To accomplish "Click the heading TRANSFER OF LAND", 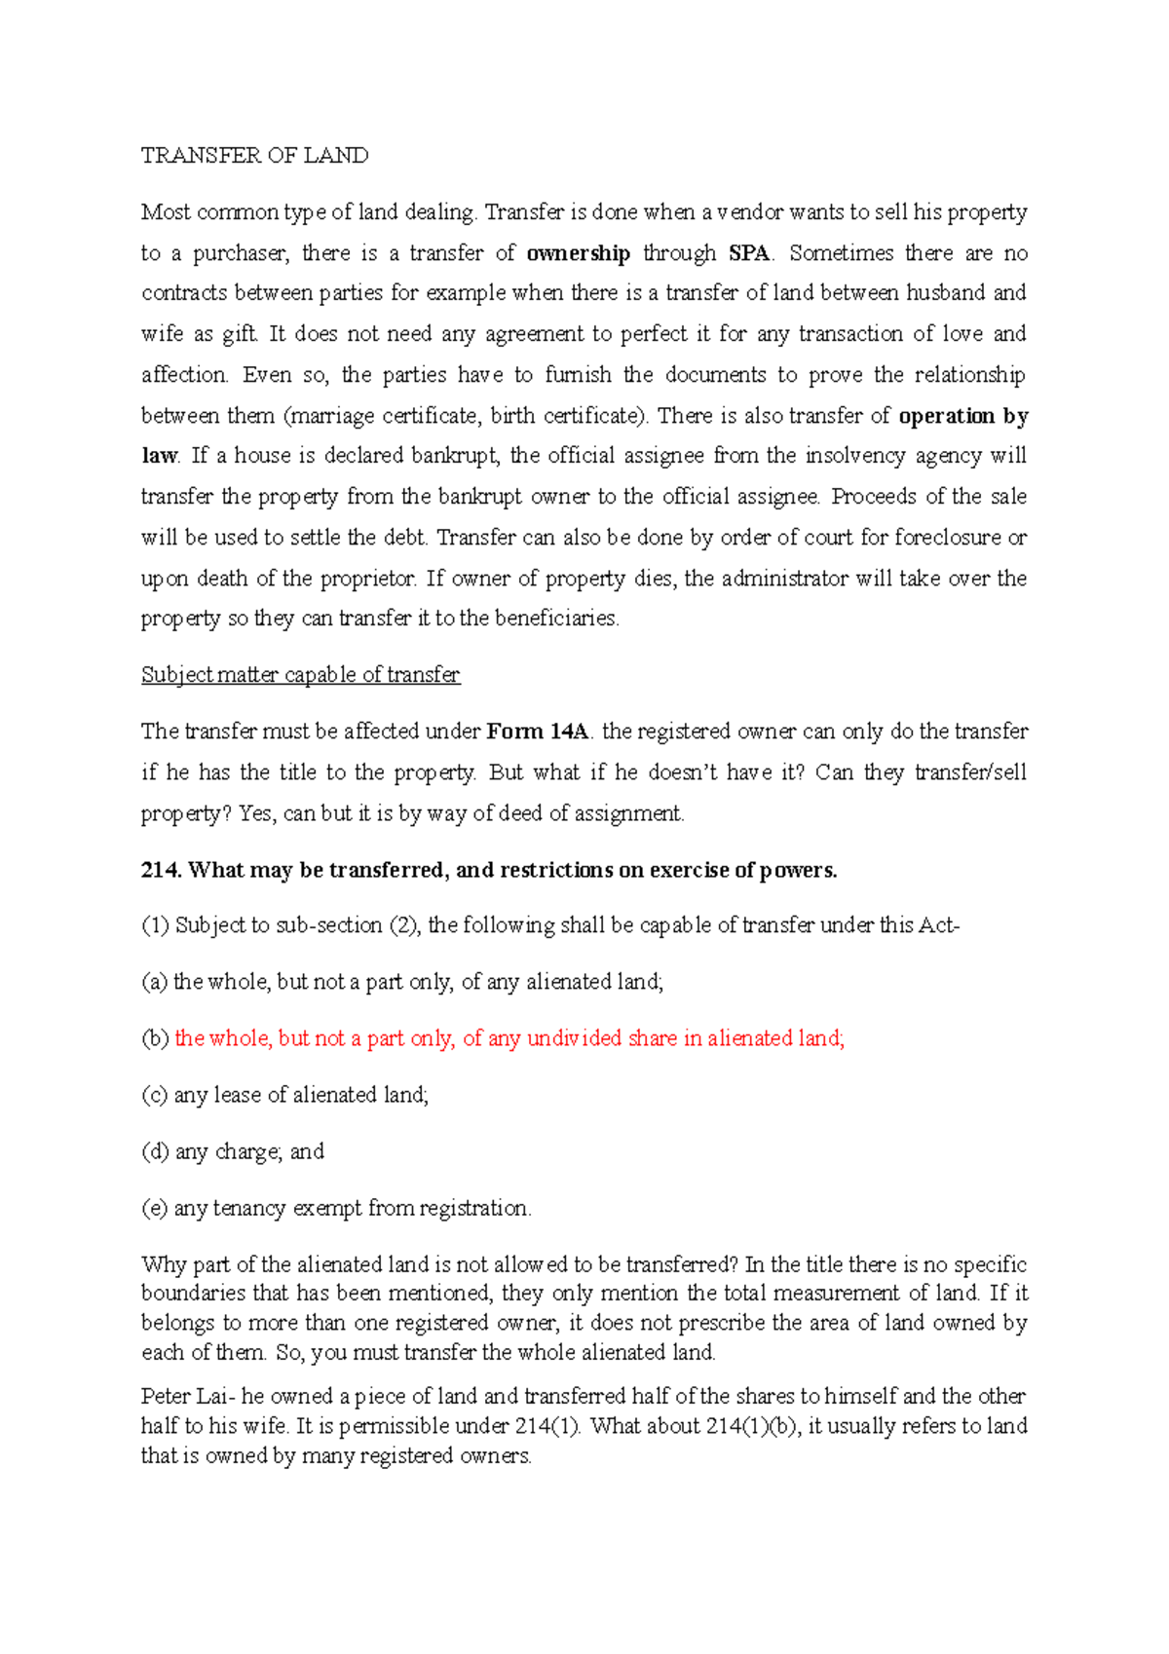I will (x=254, y=156).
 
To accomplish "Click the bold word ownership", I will (x=579, y=253).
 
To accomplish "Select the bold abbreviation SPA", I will (x=749, y=253).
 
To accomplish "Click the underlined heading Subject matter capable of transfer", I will (x=300, y=675).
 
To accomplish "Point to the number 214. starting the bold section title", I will (x=162, y=870).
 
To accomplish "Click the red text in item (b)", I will (x=509, y=1038).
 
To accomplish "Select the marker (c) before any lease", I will (x=155, y=1095).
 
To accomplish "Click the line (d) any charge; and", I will (x=233, y=1151).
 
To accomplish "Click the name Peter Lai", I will (x=185, y=1396).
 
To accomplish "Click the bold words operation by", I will (x=962, y=416).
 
